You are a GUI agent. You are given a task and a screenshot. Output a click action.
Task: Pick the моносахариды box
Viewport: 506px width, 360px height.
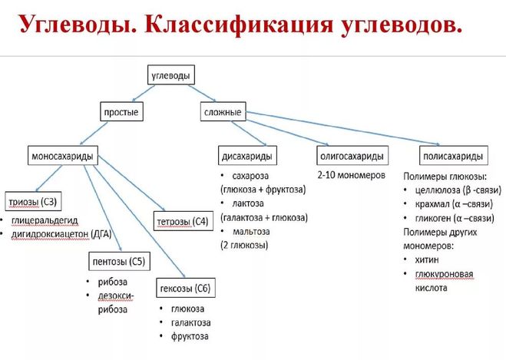[62, 157]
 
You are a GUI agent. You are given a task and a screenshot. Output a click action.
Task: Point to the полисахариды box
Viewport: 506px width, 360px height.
[453, 157]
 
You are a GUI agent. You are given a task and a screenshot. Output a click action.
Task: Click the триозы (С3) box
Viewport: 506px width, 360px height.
[33, 202]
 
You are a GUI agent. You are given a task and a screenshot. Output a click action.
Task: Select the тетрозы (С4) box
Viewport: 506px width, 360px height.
[183, 222]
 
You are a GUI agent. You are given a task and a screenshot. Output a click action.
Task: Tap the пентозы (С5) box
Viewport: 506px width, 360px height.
[117, 262]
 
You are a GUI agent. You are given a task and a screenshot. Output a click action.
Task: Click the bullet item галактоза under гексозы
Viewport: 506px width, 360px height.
[191, 322]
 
